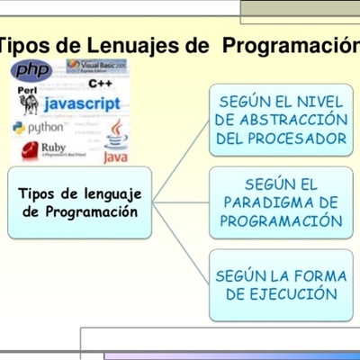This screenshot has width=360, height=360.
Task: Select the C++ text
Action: tap(101, 84)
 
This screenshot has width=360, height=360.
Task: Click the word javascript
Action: tap(81, 105)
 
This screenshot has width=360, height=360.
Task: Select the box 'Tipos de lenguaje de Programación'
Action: tap(80, 202)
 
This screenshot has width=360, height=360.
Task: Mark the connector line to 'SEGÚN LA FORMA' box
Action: tap(180, 245)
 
